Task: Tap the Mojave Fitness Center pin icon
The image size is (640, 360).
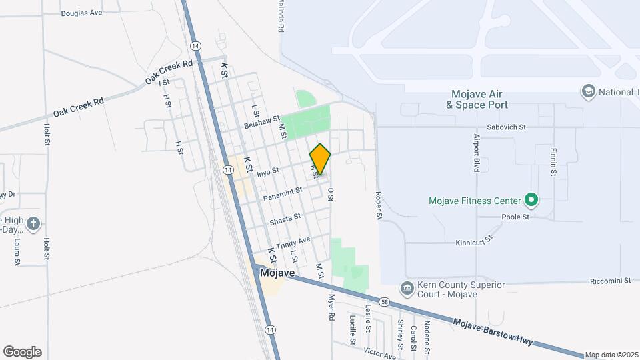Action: (531, 199)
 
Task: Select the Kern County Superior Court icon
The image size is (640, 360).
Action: (406, 288)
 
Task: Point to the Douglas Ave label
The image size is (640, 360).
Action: (81, 13)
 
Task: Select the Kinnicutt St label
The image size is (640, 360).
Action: (474, 240)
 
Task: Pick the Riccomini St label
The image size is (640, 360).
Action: (611, 281)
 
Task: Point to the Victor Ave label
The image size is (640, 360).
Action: (380, 351)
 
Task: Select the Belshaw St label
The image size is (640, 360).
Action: (261, 122)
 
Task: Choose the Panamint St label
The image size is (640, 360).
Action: (283, 194)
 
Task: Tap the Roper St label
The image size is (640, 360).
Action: (378, 206)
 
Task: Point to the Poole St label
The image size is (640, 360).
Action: (516, 217)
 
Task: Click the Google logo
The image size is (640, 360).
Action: (22, 351)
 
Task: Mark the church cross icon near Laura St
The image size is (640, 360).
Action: (34, 223)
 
